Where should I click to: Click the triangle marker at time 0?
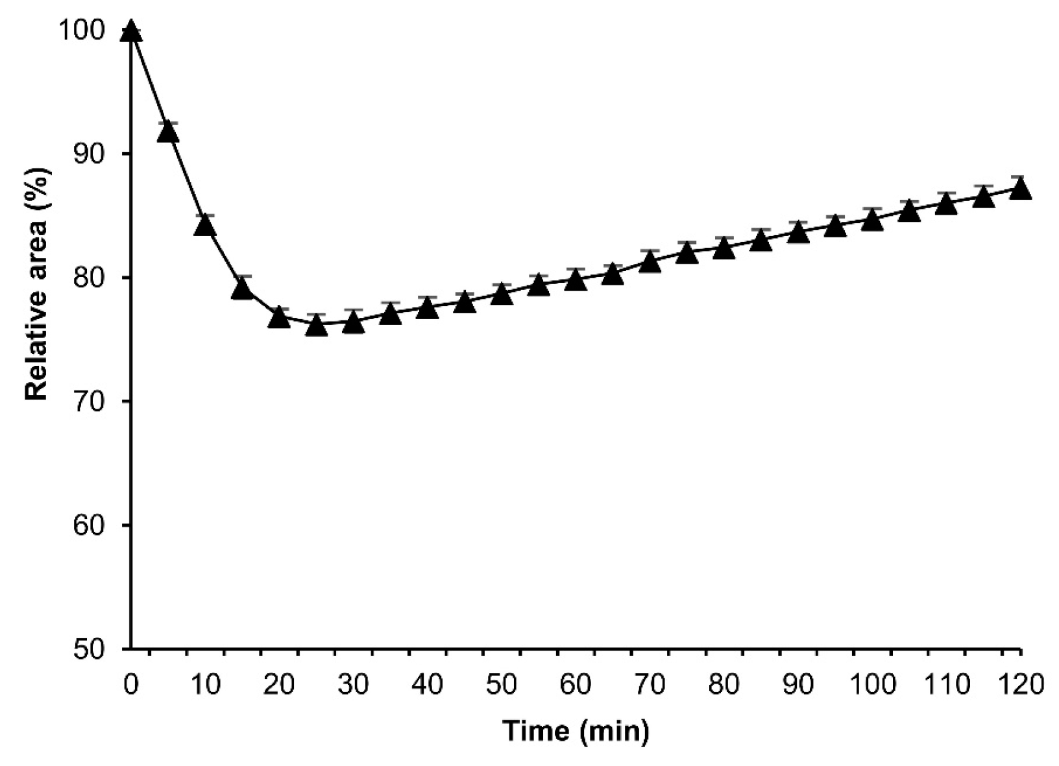[131, 30]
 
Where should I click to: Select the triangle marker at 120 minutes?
[1021, 189]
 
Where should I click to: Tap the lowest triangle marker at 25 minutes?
[316, 325]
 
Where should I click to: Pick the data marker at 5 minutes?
[168, 132]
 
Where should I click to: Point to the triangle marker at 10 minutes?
[205, 225]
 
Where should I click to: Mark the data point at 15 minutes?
[242, 289]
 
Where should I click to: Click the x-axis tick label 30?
[354, 685]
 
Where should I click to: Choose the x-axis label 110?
[946, 685]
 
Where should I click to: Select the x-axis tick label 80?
[724, 685]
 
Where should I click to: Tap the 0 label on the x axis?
[131, 685]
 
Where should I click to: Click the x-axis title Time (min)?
[576, 732]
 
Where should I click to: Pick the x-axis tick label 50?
[502, 685]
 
